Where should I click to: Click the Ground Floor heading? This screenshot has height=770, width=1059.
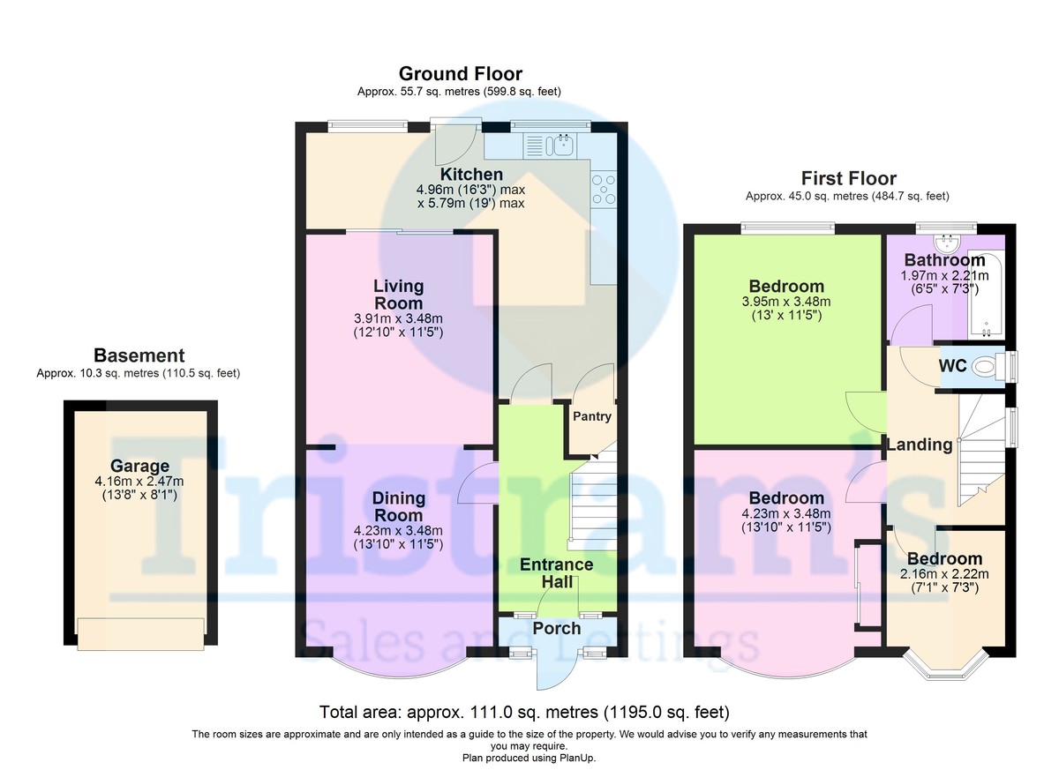pos(460,74)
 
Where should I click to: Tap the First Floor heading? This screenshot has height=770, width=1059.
pos(848,179)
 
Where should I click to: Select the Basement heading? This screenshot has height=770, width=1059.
pos(139,356)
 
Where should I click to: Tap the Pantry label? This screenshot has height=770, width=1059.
pos(591,416)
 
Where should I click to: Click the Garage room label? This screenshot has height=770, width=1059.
pos(139,467)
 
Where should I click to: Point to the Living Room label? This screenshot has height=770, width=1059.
pos(398,295)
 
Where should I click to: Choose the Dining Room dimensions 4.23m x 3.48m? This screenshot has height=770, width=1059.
pos(398,530)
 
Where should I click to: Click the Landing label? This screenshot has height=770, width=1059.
pos(920,445)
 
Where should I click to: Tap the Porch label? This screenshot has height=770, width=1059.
pos(557,629)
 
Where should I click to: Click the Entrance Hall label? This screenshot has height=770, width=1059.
pos(556,573)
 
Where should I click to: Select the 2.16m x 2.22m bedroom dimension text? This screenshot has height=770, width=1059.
pos(944,574)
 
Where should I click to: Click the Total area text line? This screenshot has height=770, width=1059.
pos(523,712)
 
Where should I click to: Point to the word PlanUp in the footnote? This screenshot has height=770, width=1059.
pos(582,758)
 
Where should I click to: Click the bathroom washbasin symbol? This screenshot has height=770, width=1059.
pos(950,241)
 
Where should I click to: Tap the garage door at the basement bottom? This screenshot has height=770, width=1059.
pos(141,632)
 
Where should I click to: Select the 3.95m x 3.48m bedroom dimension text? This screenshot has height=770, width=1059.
pos(786,302)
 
